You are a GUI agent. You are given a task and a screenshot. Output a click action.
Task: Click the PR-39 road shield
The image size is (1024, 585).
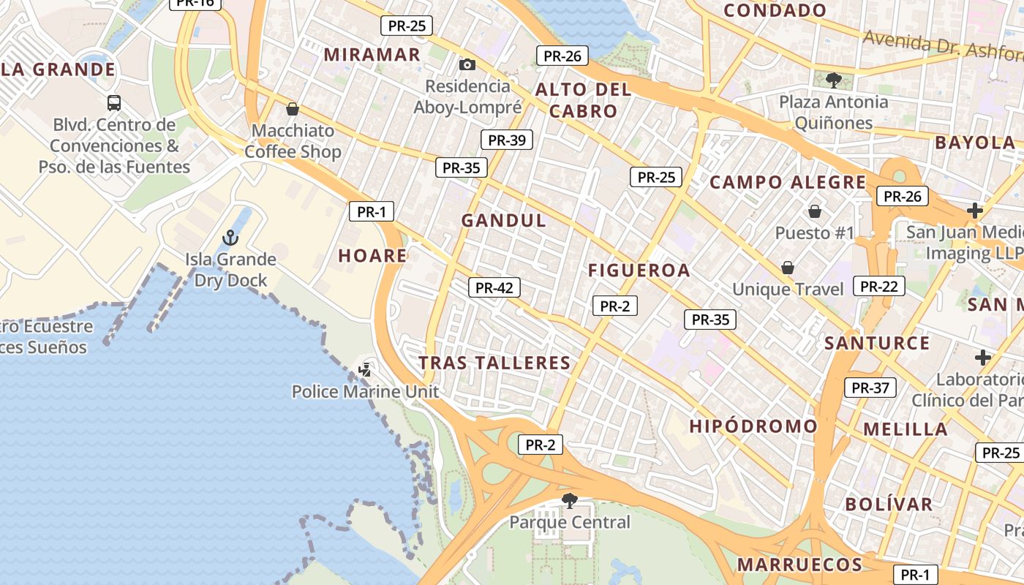pos(506,140)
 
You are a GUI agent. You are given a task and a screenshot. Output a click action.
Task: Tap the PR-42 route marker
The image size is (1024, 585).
pos(494,287)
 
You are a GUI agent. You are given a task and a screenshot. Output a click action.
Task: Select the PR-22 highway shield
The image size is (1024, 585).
pos(878,286)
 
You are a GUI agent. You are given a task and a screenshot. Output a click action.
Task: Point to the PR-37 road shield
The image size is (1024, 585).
pos(870,388)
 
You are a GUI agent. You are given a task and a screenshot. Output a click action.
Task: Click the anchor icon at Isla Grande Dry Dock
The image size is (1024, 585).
pos(230,238)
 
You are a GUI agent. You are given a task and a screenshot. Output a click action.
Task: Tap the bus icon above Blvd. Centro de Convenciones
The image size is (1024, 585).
pos(114,102)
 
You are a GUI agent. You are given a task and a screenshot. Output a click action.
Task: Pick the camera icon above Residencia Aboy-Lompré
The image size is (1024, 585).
pos(467,65)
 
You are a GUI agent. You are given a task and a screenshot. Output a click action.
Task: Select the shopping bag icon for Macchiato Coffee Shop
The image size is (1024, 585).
pos(293,109)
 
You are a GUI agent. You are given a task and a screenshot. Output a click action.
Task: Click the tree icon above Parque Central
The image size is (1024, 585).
pos(569,501)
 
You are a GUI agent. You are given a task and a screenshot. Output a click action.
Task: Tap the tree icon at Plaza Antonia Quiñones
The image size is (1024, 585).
pos(832,80)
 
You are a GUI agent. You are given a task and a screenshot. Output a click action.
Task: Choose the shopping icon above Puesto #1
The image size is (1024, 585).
pos(814,212)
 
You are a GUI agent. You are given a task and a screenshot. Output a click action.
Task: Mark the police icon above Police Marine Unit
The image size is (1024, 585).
pos(365,369)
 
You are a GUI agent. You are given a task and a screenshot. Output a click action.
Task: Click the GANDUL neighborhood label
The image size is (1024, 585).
pos(504,220)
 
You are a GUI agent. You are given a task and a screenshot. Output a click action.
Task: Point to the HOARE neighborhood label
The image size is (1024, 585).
pos(372,255)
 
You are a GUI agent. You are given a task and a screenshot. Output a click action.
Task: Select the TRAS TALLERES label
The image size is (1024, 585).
pos(494,363)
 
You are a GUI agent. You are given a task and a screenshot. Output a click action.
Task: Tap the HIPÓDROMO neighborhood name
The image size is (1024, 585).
pos(753,426)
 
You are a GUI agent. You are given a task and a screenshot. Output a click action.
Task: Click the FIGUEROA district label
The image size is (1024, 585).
pos(639,271)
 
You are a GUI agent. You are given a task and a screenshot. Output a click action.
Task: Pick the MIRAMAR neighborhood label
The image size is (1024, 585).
pos(372,54)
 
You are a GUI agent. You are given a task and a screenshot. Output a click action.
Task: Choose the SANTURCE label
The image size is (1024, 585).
pos(877,343)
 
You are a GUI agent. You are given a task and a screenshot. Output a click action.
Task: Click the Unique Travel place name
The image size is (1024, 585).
pos(788,289)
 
